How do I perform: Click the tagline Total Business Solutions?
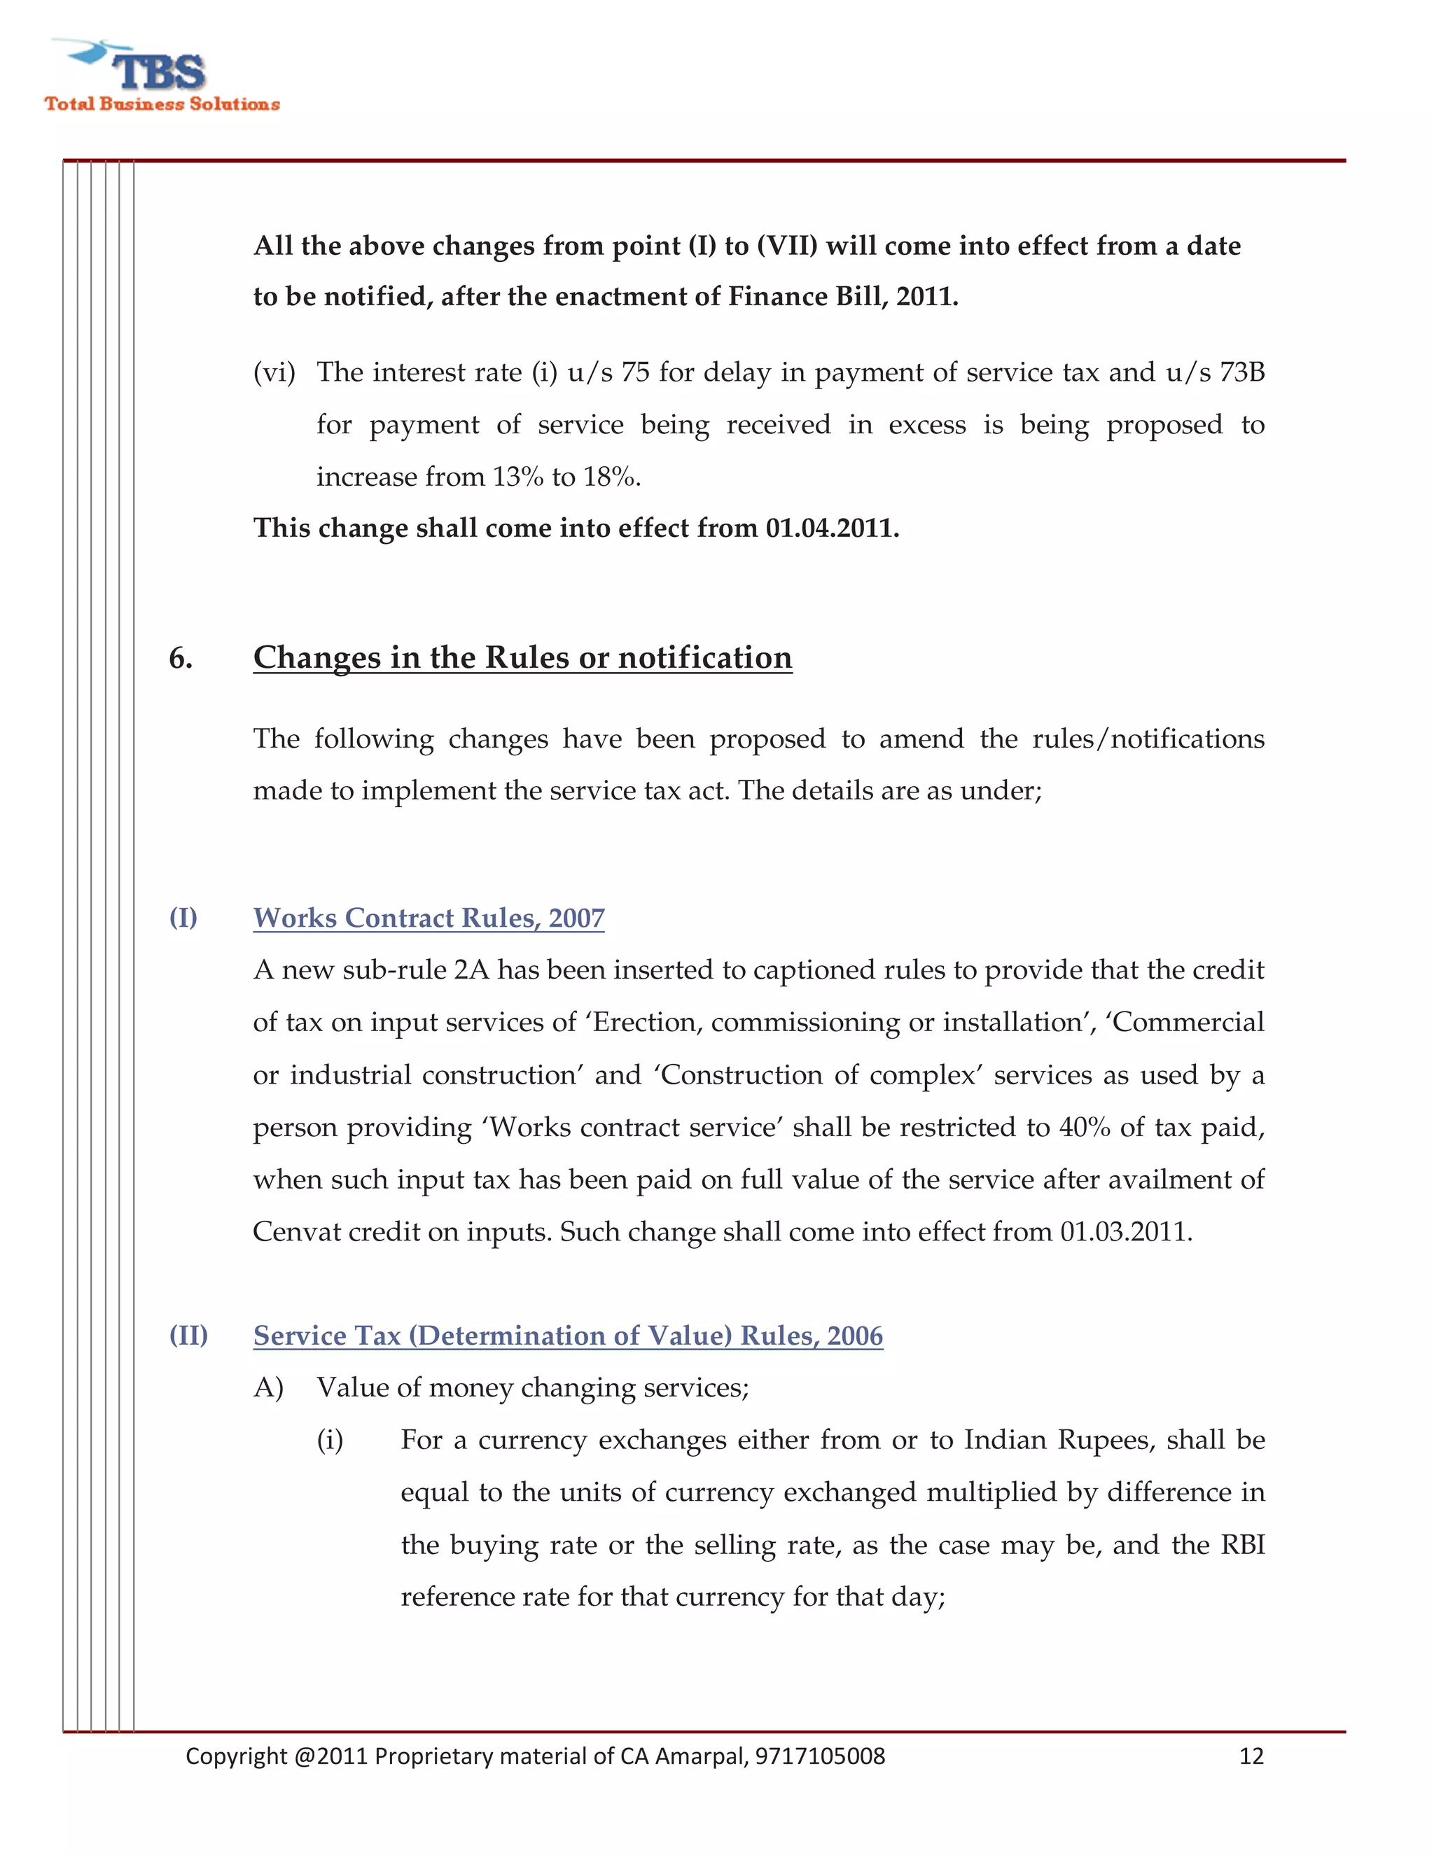click(x=162, y=104)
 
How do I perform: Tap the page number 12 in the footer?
click(x=1251, y=1756)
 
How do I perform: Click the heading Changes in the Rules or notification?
click(x=522, y=657)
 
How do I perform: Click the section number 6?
click(x=180, y=658)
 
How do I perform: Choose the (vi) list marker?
click(x=274, y=372)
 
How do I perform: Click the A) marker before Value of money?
click(x=267, y=1388)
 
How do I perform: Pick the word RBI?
click(x=1242, y=1544)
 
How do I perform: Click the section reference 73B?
click(x=1242, y=372)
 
